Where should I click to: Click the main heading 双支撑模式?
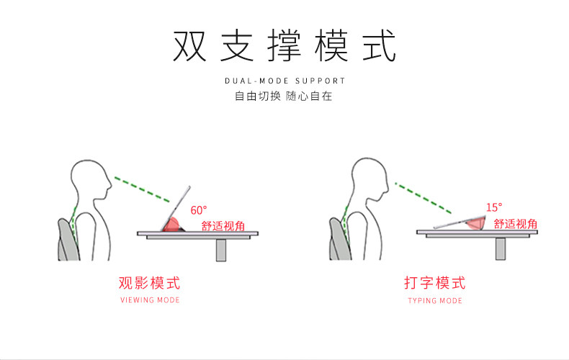pyautogui.click(x=284, y=46)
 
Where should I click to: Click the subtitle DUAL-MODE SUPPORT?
pyautogui.click(x=284, y=81)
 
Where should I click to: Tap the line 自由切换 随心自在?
pyautogui.click(x=284, y=96)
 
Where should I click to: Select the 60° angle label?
pyautogui.click(x=199, y=210)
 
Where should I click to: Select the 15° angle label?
pyautogui.click(x=494, y=207)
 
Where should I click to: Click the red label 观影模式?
pyautogui.click(x=149, y=282)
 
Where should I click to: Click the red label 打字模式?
pyautogui.click(x=435, y=282)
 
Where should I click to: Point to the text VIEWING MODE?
pyautogui.click(x=149, y=300)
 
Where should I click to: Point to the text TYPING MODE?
pyautogui.click(x=435, y=300)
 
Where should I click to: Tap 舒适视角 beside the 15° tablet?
pyautogui.click(x=516, y=223)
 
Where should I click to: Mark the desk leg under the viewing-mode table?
pyautogui.click(x=220, y=249)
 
